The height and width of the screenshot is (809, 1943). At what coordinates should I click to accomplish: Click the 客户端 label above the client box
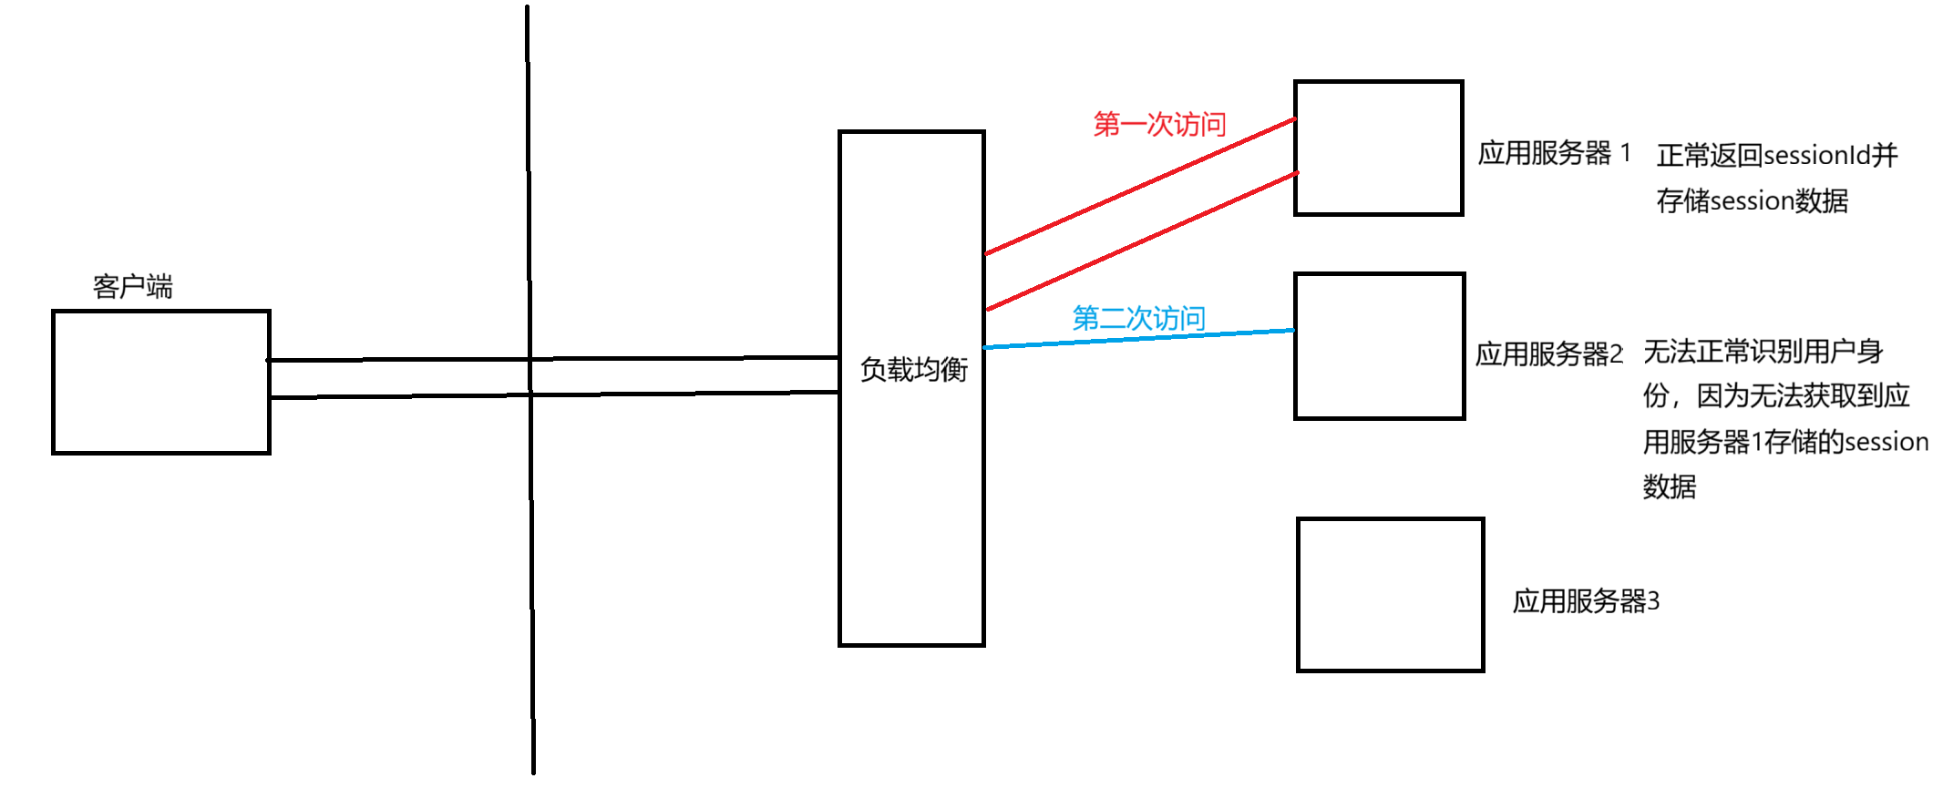133,287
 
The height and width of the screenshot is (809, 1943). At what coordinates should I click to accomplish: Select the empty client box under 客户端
161,382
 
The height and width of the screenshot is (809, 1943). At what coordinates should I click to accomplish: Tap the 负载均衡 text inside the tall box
913,370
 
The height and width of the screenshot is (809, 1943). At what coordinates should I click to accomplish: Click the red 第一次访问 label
1159,124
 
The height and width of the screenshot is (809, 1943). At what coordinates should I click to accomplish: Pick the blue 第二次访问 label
1138,318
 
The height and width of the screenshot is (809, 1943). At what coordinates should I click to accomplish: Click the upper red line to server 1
1139,186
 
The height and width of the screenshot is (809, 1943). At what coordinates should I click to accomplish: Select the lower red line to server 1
1139,241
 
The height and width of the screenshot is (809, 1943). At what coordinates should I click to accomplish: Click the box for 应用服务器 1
1378,148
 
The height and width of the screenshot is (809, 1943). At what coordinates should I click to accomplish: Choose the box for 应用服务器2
1379,346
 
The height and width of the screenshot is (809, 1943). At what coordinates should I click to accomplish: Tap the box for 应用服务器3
1390,595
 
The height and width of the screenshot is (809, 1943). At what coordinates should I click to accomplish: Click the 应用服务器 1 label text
1553,153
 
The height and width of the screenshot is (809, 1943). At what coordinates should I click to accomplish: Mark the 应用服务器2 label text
1548,353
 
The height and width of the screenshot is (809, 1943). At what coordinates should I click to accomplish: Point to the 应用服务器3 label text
1586,601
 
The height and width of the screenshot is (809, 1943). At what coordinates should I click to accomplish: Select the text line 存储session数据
1752,200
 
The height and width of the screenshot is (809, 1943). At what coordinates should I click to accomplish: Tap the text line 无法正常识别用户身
1763,351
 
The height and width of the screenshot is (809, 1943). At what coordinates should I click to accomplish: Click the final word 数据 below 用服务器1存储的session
1669,486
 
